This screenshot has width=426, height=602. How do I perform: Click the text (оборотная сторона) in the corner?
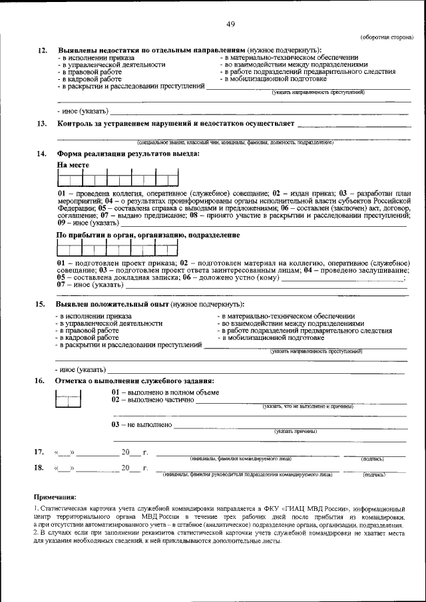tap(385, 38)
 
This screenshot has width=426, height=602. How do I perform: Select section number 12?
tap(42, 51)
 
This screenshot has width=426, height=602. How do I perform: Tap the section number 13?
tap(42, 124)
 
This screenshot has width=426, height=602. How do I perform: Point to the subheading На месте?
tap(73, 164)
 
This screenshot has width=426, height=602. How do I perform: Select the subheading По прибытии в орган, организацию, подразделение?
tap(148, 235)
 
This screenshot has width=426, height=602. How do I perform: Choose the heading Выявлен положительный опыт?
tap(112, 304)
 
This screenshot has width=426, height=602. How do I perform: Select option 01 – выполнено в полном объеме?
tap(164, 392)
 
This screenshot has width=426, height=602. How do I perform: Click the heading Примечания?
tap(55, 497)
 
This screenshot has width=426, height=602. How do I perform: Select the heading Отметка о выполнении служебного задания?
tap(135, 381)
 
